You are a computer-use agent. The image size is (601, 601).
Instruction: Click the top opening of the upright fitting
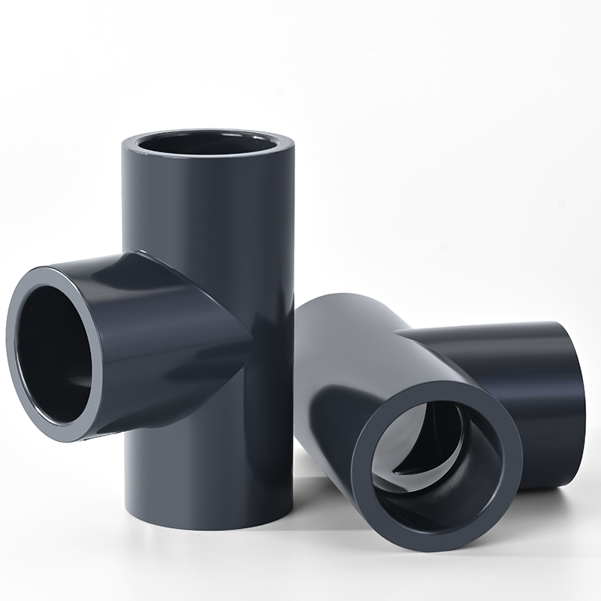click(207, 144)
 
